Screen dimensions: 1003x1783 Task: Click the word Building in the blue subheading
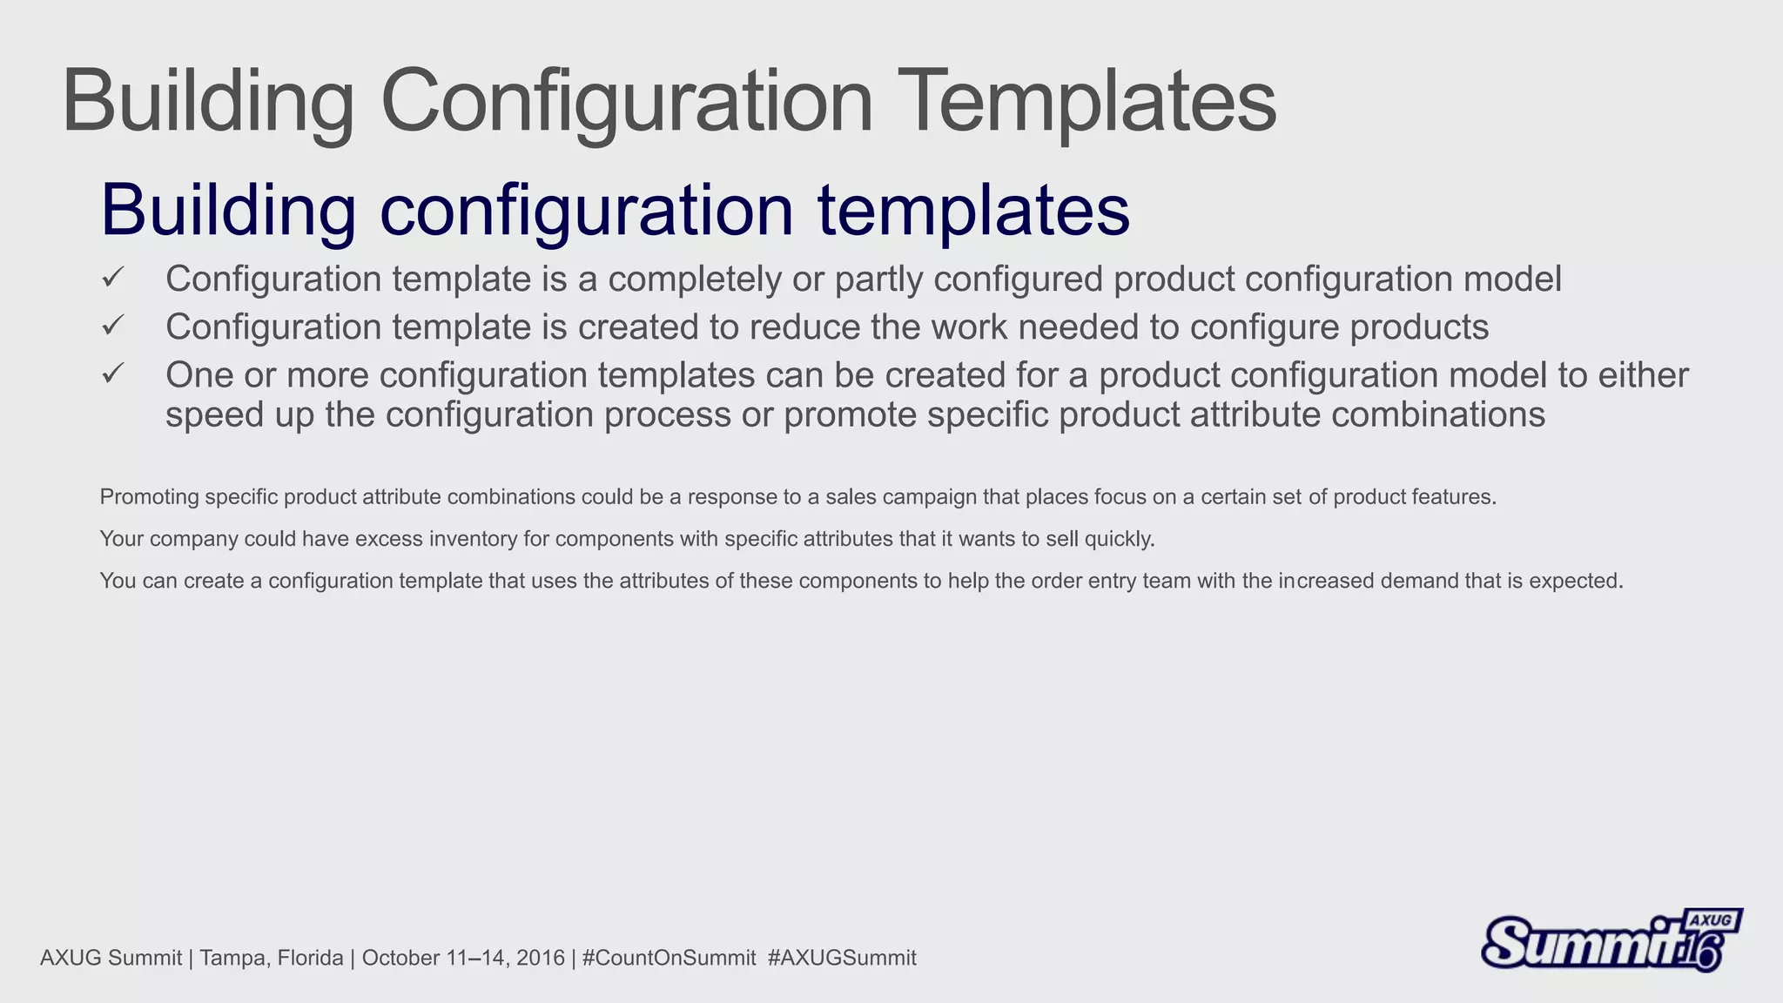(228, 211)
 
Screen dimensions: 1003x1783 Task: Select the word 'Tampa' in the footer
(228, 959)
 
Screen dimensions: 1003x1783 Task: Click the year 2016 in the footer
(540, 959)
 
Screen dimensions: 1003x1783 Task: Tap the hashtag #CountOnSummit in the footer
(669, 959)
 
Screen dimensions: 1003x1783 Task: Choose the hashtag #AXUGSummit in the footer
(842, 959)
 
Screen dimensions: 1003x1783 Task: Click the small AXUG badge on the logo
(1711, 921)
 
